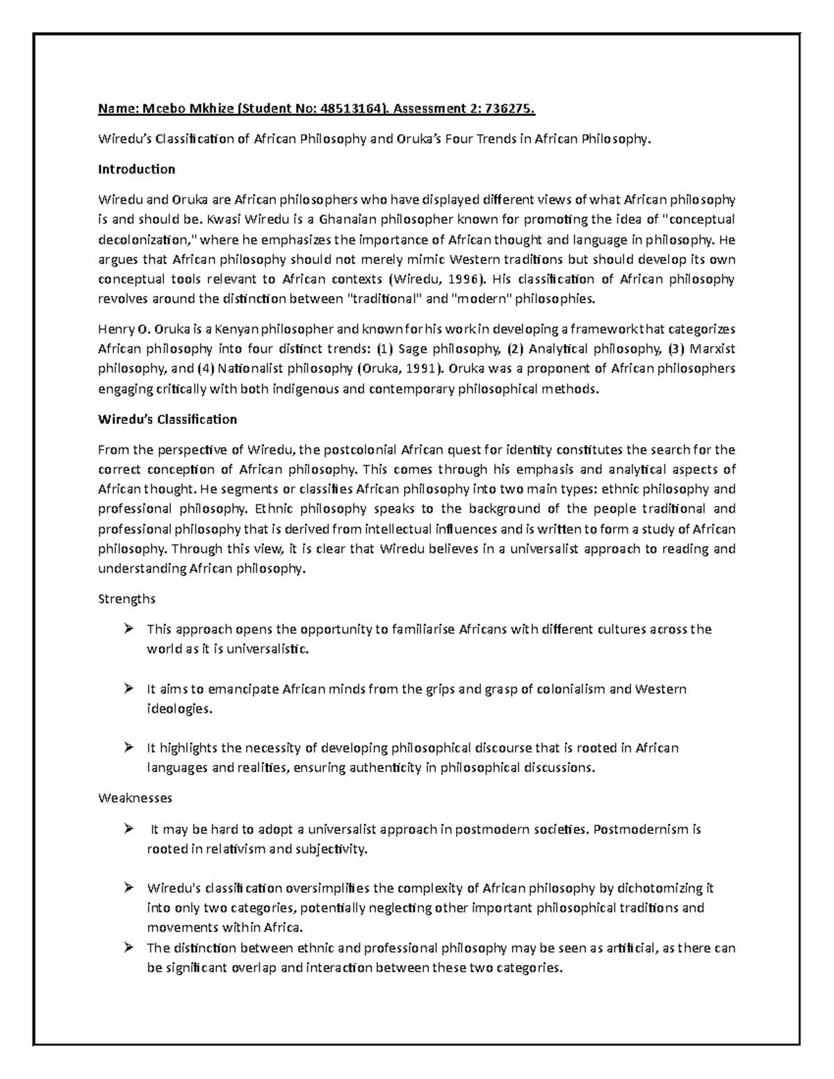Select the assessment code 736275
pos(511,108)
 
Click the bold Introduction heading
pos(136,170)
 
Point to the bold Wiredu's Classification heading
pos(167,420)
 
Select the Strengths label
pos(126,599)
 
